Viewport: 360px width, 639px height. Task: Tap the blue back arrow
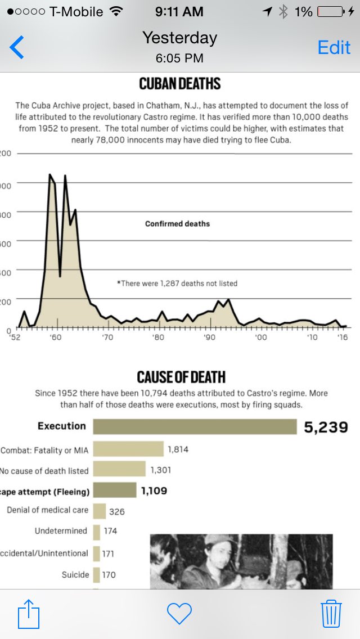(17, 47)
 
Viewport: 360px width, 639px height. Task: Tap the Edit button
(334, 47)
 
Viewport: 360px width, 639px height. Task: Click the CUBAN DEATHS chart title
(180, 84)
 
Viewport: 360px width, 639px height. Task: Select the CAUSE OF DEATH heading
(180, 376)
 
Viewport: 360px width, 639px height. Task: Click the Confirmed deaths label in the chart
(177, 224)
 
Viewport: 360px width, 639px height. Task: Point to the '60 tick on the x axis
(55, 337)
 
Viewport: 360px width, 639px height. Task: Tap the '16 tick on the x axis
(341, 337)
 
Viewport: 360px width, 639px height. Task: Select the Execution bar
(195, 426)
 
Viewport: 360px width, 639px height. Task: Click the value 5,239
(326, 427)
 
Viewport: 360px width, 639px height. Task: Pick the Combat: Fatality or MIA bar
(128, 449)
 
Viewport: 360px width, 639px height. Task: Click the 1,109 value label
(154, 490)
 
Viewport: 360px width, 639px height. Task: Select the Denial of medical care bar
(100, 511)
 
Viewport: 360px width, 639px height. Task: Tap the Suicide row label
(75, 574)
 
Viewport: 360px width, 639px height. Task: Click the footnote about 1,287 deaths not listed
(177, 283)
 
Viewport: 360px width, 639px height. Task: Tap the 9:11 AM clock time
(179, 11)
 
